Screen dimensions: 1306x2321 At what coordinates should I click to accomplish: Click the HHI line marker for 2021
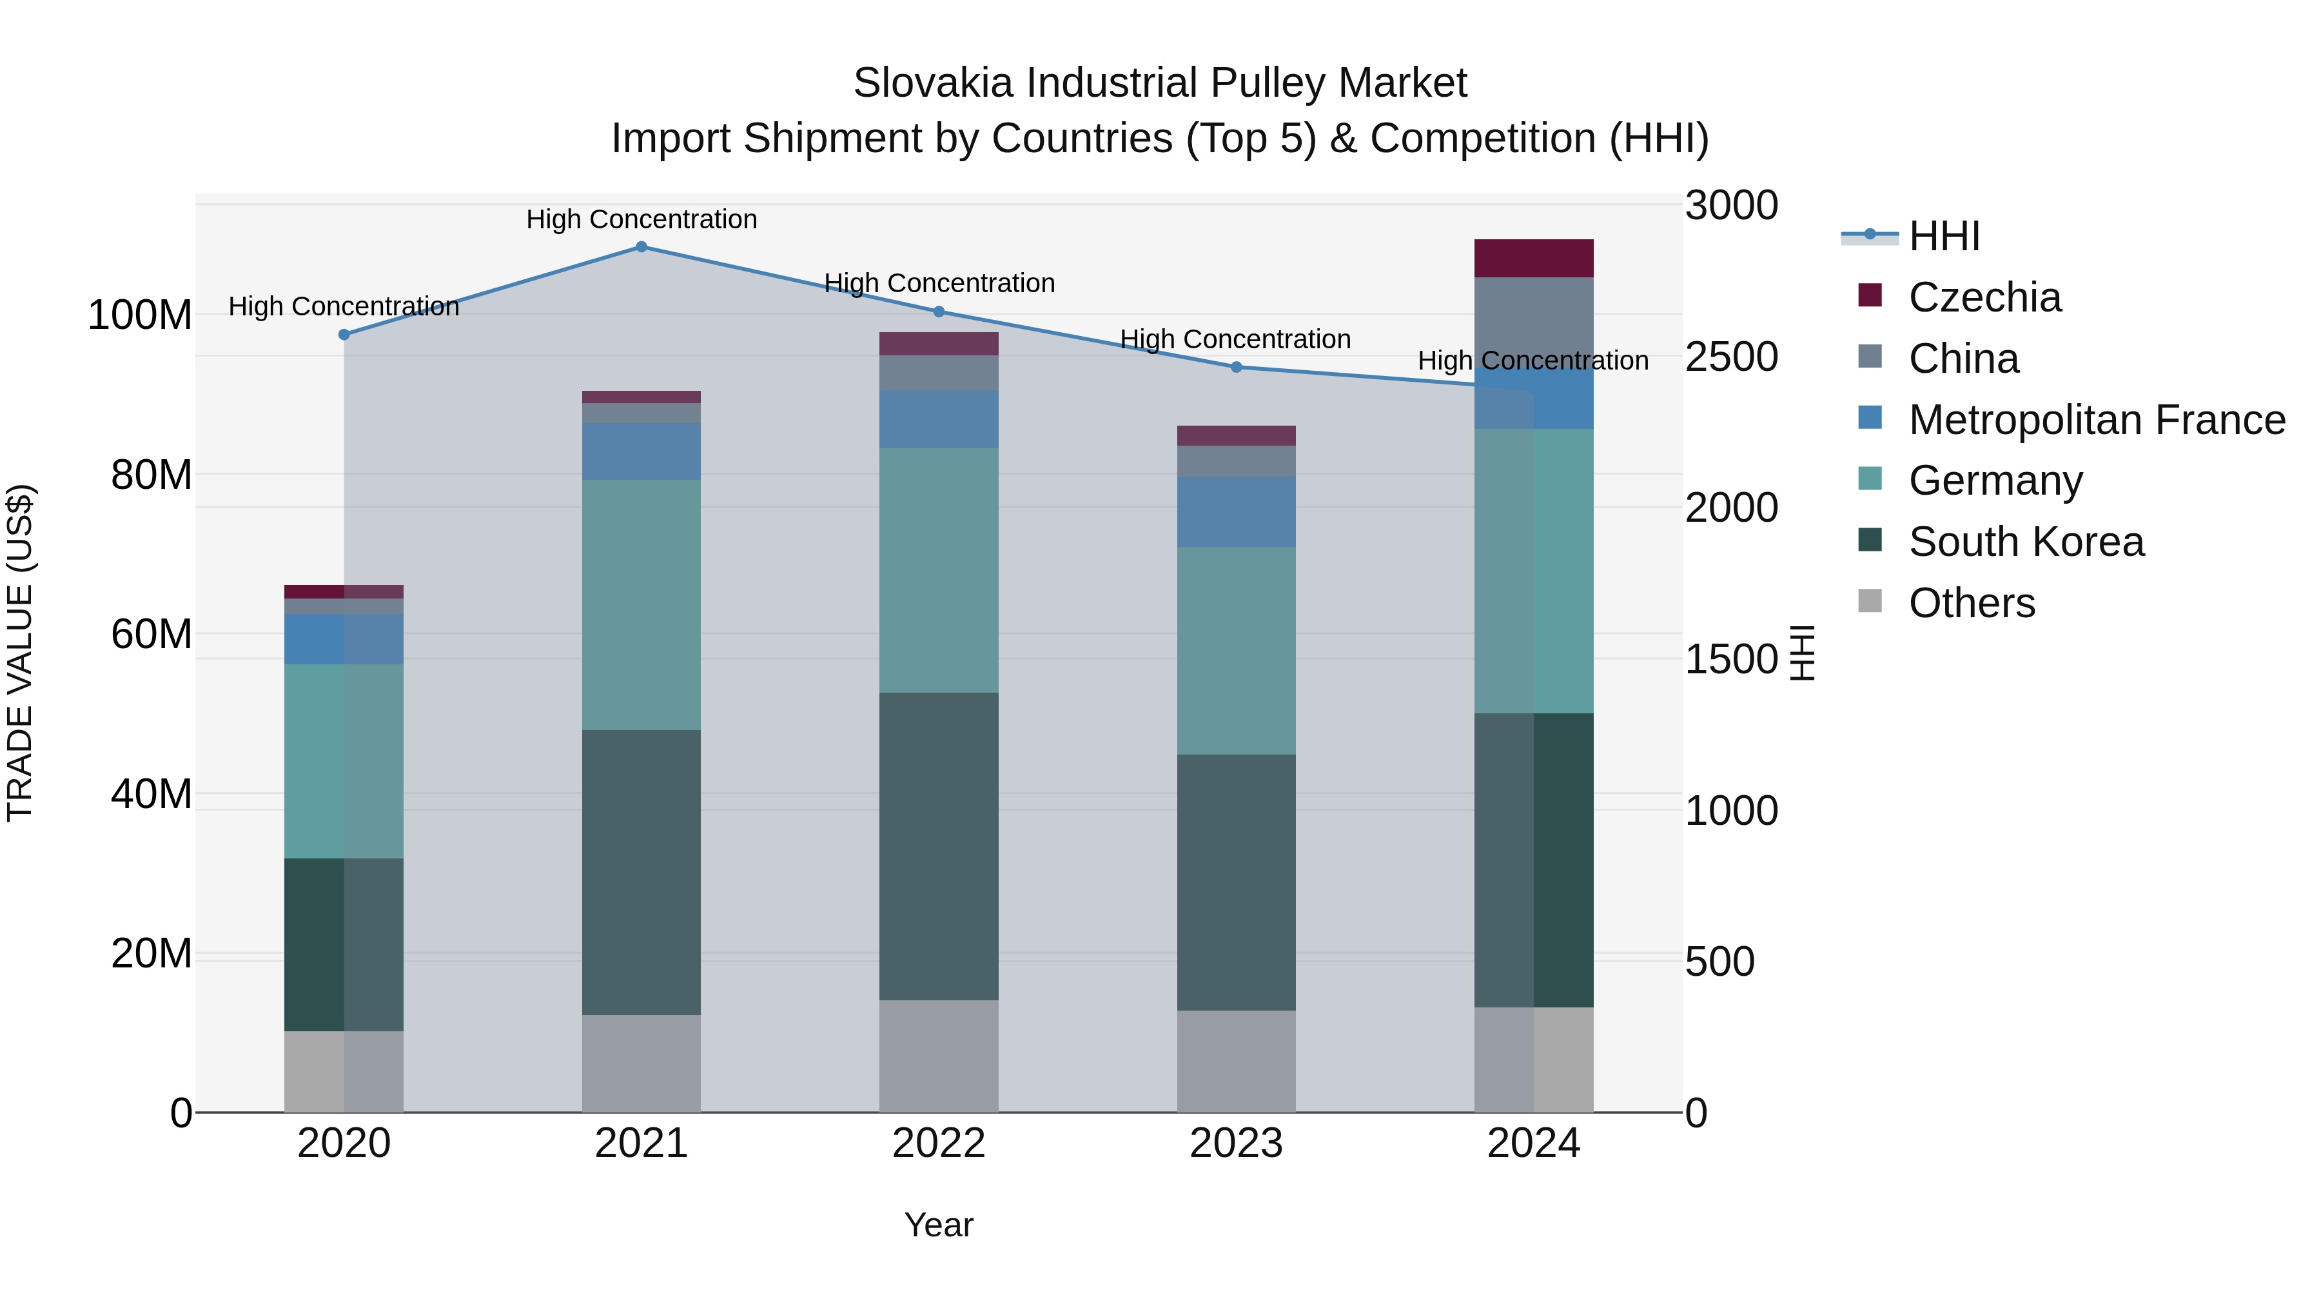[641, 247]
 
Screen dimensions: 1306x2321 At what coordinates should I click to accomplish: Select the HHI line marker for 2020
[344, 334]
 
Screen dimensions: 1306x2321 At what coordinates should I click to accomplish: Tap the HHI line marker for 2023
[1236, 367]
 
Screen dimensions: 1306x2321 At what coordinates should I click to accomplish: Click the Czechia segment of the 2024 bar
[1534, 259]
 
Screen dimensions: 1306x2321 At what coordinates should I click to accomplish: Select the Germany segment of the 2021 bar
[641, 605]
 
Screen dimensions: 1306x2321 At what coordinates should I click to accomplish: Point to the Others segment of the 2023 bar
[1236, 1061]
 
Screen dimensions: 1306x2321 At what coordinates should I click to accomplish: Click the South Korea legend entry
[2026, 542]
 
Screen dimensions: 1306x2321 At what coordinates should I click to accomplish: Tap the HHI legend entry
[1943, 236]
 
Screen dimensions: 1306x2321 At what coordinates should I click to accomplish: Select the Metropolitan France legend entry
[2096, 420]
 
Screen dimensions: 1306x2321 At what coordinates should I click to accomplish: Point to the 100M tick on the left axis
[140, 315]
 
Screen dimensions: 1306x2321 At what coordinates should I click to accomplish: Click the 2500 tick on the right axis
[1731, 357]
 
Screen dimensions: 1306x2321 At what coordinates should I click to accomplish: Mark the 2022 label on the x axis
[939, 1143]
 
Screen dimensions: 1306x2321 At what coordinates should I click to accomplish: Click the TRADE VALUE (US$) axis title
[20, 653]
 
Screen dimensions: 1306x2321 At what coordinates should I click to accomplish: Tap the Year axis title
[939, 1225]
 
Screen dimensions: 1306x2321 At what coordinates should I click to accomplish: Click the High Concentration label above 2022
[939, 283]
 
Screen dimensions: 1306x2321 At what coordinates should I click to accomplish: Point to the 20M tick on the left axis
[152, 954]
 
